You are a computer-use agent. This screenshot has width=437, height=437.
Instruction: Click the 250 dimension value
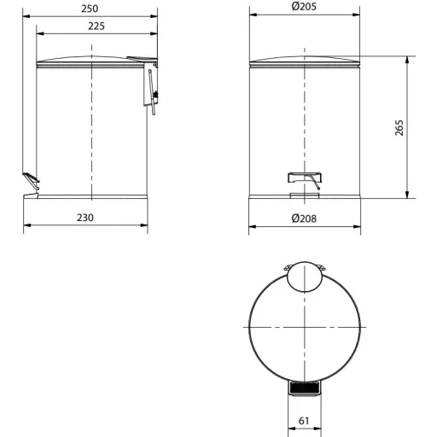[x=90, y=9]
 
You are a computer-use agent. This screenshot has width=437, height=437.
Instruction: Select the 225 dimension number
[x=96, y=26]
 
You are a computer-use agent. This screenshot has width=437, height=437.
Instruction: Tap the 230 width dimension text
[x=85, y=218]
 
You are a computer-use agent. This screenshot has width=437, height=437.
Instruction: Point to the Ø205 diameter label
[x=304, y=6]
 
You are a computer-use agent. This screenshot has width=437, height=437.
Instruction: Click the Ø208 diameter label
[x=304, y=218]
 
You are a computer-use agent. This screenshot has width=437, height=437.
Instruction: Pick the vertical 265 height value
[x=399, y=128]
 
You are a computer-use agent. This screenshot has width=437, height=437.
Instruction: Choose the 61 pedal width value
[x=304, y=421]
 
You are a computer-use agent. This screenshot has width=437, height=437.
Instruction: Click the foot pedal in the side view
[x=31, y=180]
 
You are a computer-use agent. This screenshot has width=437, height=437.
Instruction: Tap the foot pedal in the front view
[x=305, y=178]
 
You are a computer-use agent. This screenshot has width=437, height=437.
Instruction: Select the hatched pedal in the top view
[x=305, y=387]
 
